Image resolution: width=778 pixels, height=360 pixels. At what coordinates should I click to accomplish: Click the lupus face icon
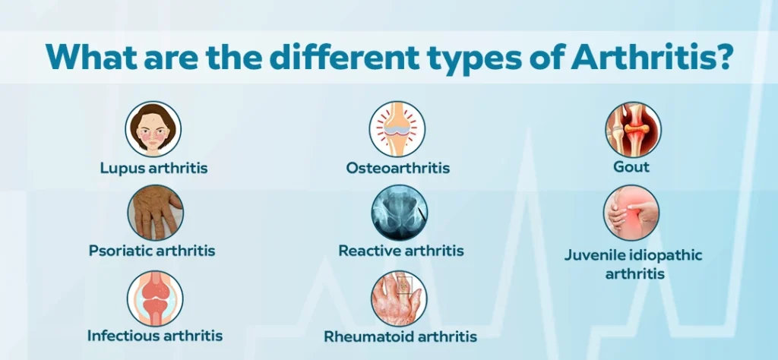point(153,129)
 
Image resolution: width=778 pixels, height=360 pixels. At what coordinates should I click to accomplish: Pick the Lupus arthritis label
point(153,168)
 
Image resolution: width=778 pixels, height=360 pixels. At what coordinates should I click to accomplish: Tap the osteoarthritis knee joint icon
point(397,129)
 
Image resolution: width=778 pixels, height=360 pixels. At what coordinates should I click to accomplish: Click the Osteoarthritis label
point(398,168)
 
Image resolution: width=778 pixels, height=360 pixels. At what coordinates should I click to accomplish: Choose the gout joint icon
point(633,129)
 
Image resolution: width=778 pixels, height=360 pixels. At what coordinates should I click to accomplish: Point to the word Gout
point(631,166)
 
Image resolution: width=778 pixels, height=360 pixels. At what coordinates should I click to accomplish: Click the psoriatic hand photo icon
point(155,213)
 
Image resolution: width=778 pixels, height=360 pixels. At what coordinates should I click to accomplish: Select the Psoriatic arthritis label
point(152,251)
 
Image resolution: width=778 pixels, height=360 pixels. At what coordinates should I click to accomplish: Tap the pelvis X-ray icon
point(400,213)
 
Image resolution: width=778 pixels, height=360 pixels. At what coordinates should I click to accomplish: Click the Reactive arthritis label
point(401,251)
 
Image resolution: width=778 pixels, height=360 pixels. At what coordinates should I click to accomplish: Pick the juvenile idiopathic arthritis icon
point(631,213)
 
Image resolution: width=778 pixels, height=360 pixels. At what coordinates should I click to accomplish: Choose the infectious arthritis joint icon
point(155,298)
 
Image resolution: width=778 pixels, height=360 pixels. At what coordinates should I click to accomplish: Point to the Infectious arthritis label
point(155,336)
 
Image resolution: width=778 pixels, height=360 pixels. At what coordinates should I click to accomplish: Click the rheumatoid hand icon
point(399,298)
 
